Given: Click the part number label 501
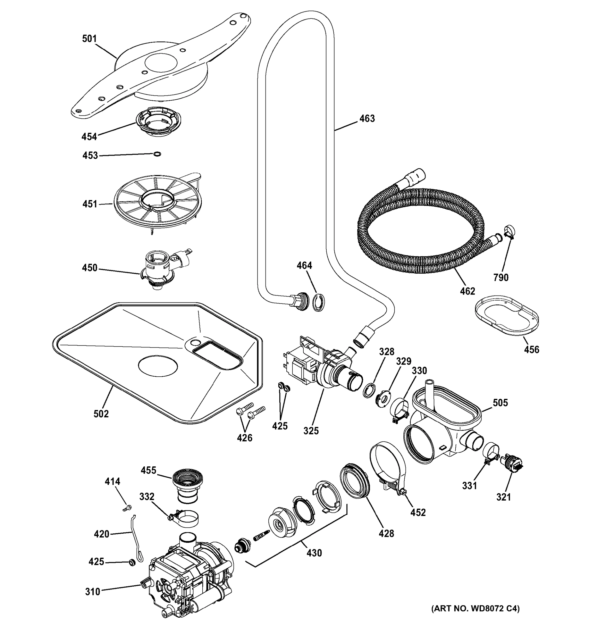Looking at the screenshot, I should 89,39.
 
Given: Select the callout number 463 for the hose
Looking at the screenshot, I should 367,118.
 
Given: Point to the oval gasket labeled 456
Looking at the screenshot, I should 506,315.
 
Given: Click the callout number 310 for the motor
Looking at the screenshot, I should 92,591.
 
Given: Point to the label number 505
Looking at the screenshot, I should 500,402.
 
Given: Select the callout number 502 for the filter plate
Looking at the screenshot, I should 101,413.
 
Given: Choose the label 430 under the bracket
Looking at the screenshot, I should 314,553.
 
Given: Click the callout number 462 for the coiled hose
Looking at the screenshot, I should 467,291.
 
